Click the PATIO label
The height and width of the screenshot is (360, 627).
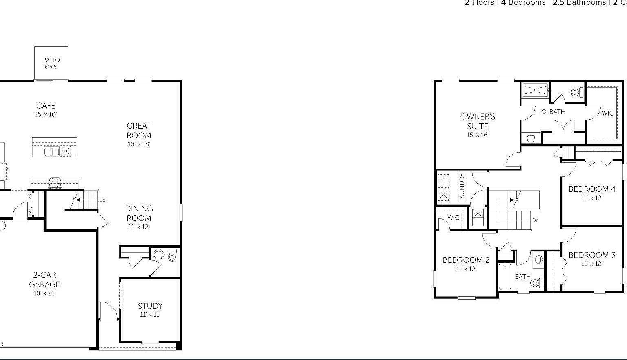(51, 60)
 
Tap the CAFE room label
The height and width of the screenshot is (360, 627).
(46, 106)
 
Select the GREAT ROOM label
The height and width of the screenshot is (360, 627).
(139, 131)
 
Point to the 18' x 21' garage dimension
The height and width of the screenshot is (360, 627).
(44, 293)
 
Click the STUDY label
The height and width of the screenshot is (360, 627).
(150, 306)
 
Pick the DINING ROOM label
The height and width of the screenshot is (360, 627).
(139, 213)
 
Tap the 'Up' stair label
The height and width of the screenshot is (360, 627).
(102, 200)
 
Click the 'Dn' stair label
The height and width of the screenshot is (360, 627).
(536, 220)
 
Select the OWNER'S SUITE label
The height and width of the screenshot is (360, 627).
(478, 121)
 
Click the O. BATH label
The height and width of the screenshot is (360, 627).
(553, 111)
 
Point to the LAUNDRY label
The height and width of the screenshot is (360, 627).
(462, 187)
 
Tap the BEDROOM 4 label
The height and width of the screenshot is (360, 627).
(592, 189)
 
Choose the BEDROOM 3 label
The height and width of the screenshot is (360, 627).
(592, 255)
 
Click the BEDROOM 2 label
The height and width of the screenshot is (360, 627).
(466, 260)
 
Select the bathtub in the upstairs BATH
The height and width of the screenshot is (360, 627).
(505, 276)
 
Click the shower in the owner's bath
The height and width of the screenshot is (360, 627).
(535, 90)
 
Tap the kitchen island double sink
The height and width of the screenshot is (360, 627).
(51, 151)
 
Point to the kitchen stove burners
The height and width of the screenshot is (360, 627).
(55, 182)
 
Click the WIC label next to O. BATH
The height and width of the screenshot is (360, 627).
(607, 113)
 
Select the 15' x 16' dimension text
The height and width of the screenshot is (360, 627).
(478, 135)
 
